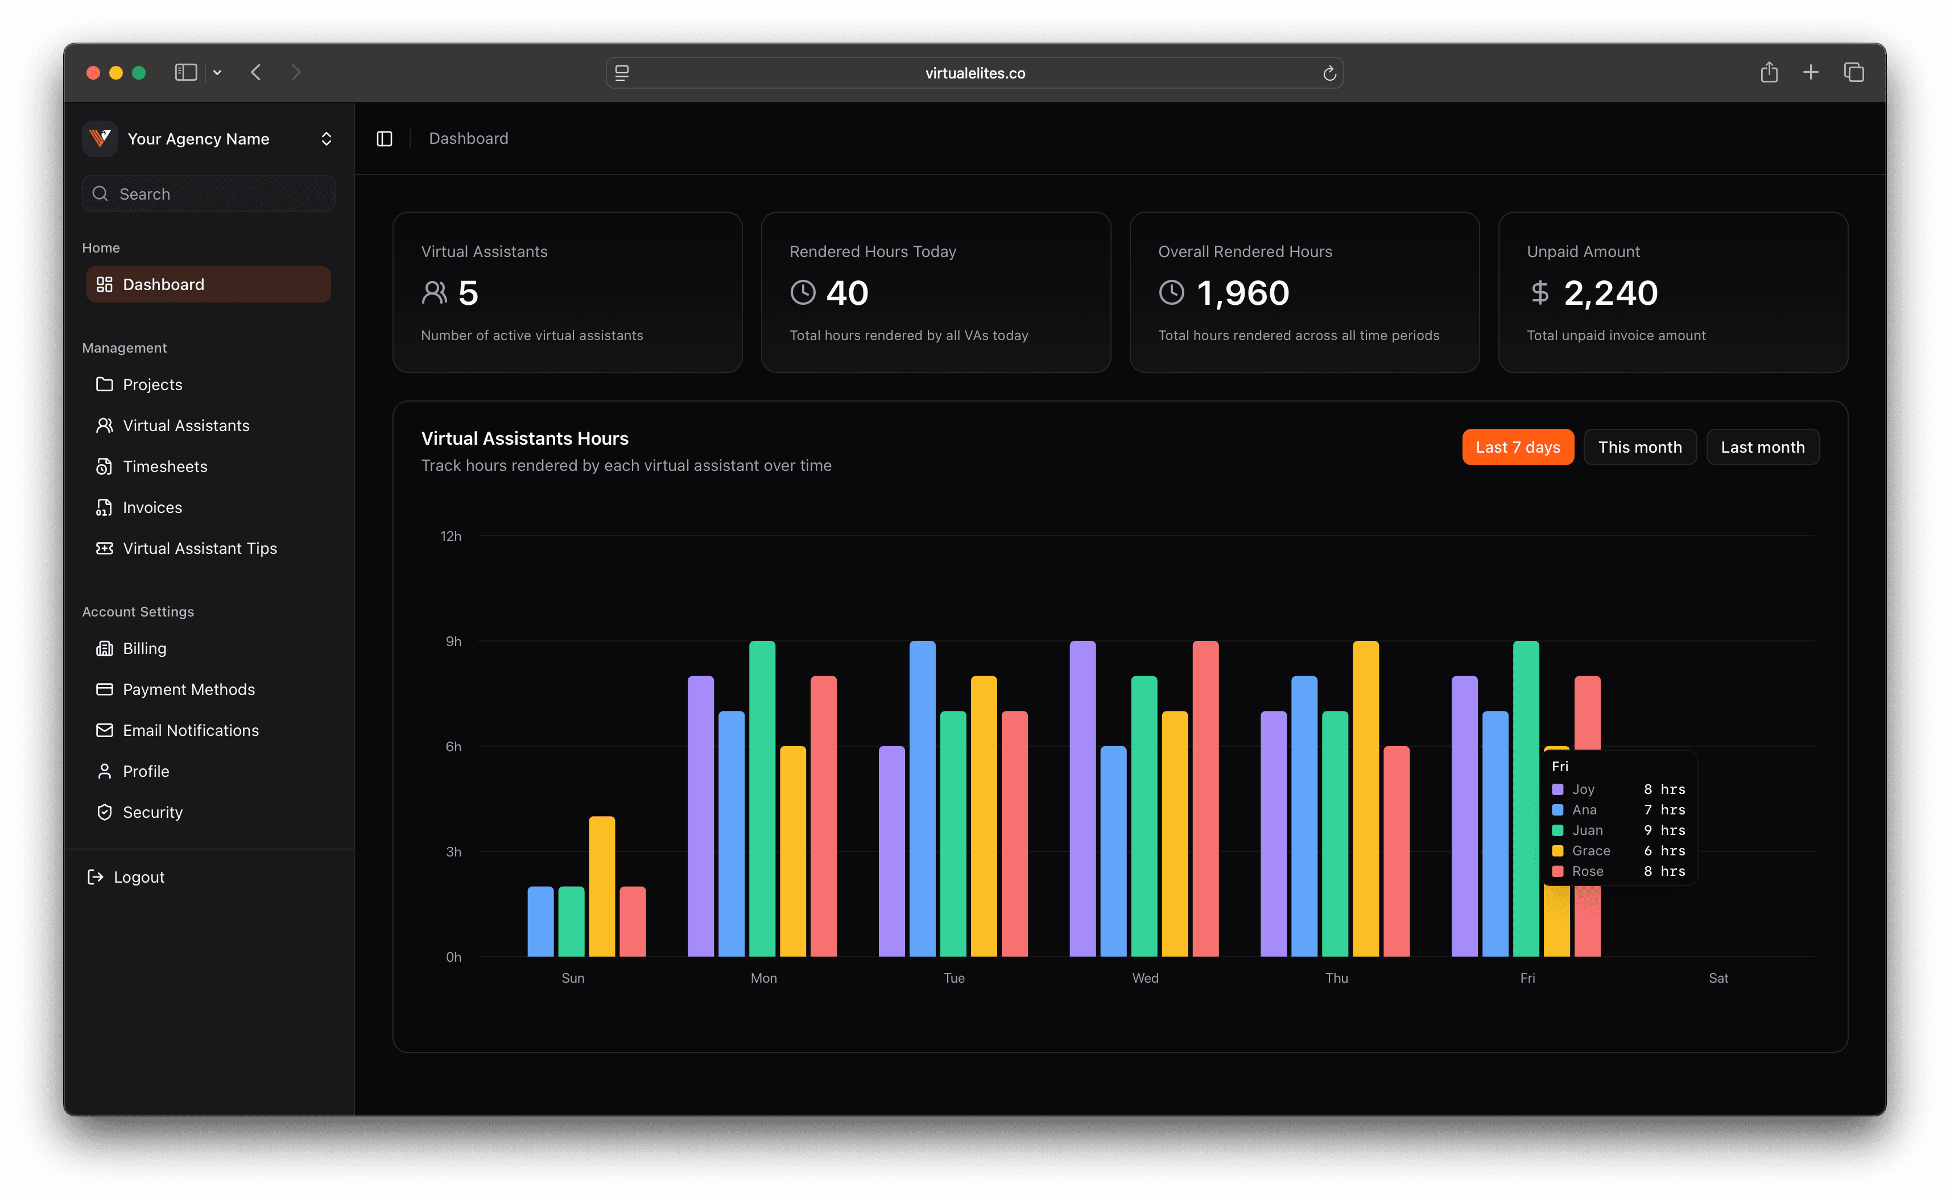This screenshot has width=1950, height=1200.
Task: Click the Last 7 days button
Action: tap(1518, 447)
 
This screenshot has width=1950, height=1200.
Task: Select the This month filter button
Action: tap(1639, 447)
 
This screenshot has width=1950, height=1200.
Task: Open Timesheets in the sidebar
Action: tap(164, 467)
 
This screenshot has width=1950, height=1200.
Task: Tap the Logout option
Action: tap(138, 877)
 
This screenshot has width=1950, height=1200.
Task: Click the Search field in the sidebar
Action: tap(208, 194)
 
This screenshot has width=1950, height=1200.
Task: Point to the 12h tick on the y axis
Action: tap(451, 536)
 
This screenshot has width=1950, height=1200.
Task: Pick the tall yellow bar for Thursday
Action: tap(1365, 797)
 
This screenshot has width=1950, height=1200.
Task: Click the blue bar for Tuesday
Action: tap(922, 797)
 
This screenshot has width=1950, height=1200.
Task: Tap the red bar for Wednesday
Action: tap(1205, 797)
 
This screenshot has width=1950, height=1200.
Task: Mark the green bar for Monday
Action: tap(762, 797)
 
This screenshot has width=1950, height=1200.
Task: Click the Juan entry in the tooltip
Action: tap(1587, 830)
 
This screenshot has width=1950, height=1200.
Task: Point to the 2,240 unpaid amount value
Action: tap(1610, 293)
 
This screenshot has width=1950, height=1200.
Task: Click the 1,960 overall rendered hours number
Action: tap(1243, 293)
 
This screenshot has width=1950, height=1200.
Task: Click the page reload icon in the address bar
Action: tap(1329, 73)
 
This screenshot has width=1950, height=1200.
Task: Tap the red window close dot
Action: tap(93, 73)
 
